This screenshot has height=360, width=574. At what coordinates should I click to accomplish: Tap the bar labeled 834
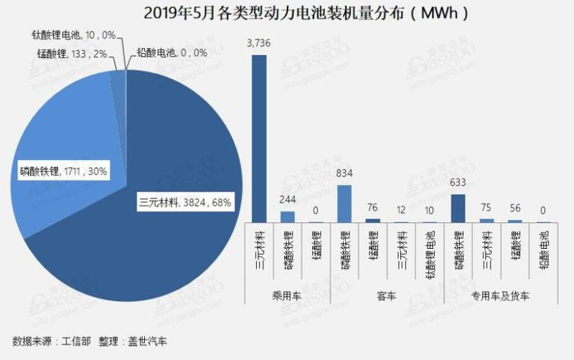(344, 204)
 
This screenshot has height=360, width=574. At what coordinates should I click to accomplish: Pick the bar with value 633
(458, 208)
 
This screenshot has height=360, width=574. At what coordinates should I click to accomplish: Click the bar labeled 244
(287, 216)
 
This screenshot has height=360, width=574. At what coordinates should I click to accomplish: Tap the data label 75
(487, 209)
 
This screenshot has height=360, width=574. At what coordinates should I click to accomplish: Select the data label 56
(515, 210)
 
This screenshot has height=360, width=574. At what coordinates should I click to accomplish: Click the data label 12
(401, 212)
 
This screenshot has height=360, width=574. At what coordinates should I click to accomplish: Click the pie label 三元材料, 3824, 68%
(185, 203)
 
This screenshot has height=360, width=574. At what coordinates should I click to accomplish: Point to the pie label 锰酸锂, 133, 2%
(72, 53)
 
